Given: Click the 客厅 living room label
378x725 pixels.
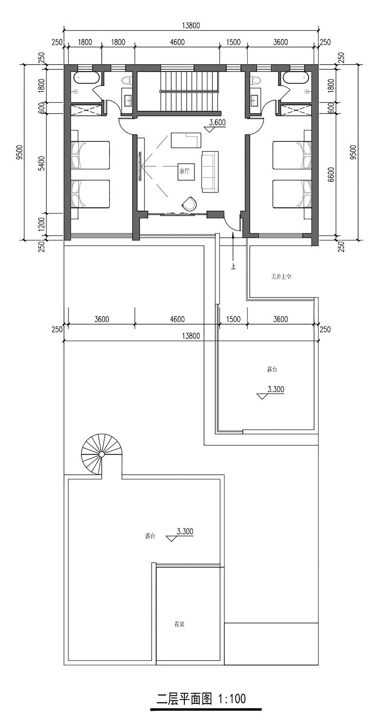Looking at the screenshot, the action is click(184, 171).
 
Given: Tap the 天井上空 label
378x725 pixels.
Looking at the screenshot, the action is click(281, 277).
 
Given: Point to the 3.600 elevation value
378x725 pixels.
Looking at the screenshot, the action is click(217, 123).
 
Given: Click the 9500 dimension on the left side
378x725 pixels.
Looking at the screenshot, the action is click(20, 152).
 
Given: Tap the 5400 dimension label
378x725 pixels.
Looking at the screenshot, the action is click(41, 164).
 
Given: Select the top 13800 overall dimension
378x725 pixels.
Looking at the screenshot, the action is click(191, 25).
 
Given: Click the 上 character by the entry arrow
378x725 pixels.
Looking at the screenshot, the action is click(233, 266).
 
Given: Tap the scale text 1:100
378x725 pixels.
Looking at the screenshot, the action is click(232, 699).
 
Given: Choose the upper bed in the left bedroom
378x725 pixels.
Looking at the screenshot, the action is click(90, 155).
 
